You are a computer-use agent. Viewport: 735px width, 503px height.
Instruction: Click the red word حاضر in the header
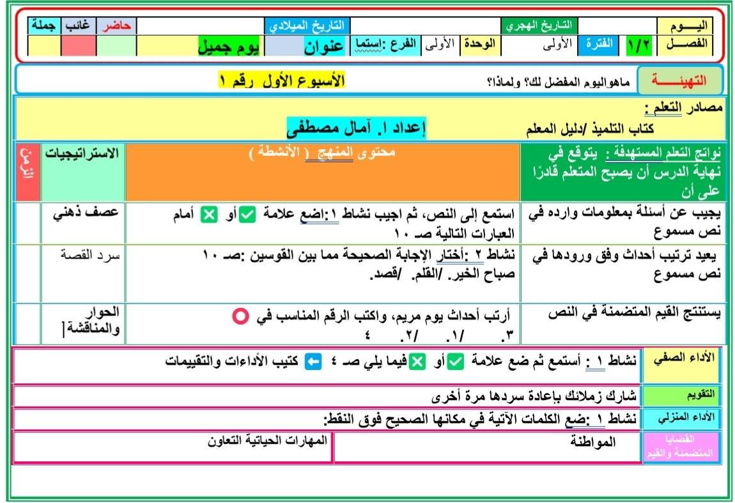[x=116, y=26]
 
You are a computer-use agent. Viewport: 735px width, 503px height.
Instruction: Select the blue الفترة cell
[x=597, y=45]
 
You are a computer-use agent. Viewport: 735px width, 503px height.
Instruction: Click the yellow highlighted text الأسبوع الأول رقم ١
[x=281, y=81]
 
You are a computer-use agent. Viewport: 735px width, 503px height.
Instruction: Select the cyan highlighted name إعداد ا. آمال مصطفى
[x=355, y=127]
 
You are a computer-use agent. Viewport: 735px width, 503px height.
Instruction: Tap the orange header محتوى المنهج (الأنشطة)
[x=322, y=153]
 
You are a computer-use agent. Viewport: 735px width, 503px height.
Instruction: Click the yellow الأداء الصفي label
[x=683, y=359]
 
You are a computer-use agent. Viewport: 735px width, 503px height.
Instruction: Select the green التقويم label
[x=682, y=394]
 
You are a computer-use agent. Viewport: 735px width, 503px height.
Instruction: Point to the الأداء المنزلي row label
[x=682, y=418]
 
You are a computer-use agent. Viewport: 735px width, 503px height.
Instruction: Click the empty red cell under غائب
[x=78, y=46]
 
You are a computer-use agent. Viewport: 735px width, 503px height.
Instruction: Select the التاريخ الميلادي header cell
[x=307, y=26]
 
